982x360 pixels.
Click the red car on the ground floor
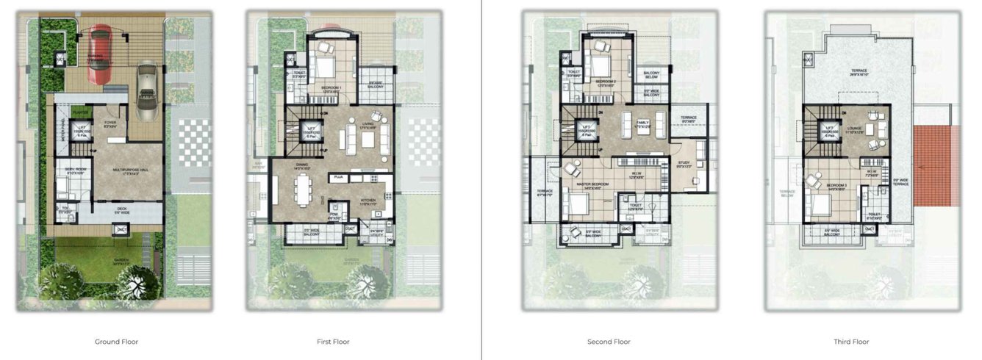click(x=99, y=55)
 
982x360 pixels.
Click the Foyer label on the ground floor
click(x=110, y=123)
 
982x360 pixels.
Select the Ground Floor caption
click(x=116, y=342)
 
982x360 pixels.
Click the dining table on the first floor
click(x=302, y=193)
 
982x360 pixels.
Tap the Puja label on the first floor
click(x=339, y=177)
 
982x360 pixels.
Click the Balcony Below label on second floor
click(x=651, y=74)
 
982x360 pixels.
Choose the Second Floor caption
click(x=609, y=342)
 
